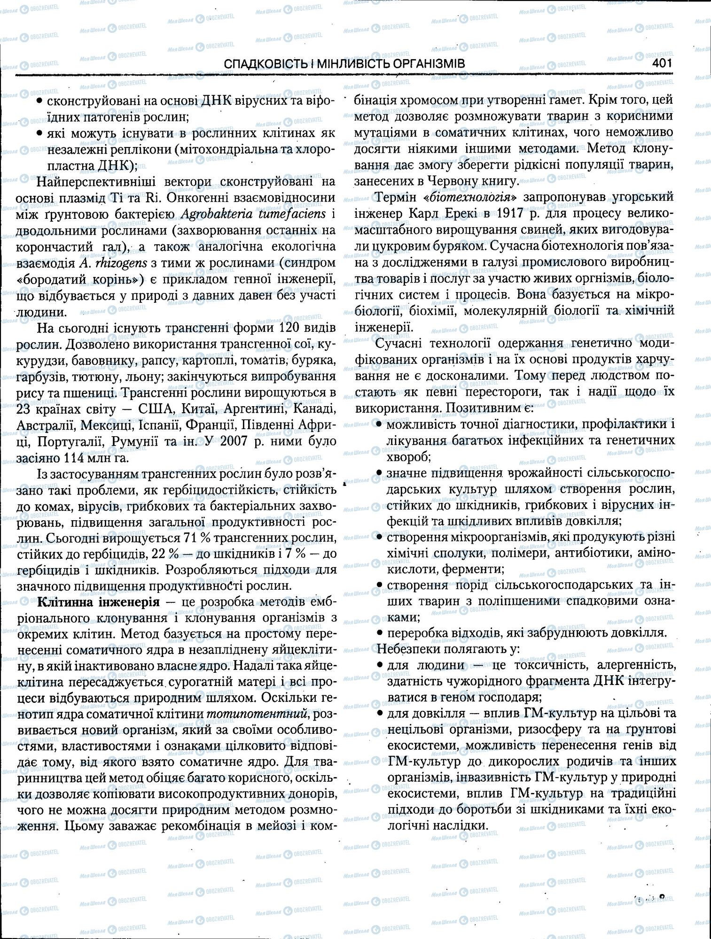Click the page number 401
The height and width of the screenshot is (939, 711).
(x=662, y=63)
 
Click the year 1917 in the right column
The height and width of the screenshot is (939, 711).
(x=515, y=214)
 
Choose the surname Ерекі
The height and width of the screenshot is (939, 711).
(x=456, y=214)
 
